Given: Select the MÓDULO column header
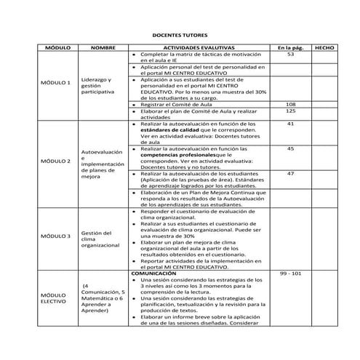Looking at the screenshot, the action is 57,47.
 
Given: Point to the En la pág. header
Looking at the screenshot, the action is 290,47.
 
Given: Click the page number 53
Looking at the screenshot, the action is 290,55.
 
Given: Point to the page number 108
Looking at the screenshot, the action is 290,104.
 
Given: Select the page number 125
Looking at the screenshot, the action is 290,111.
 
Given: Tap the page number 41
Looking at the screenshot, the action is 290,124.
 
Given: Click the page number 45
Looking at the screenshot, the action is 290,148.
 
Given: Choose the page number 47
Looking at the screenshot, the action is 290,173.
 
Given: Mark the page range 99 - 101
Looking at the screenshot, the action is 290,273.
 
